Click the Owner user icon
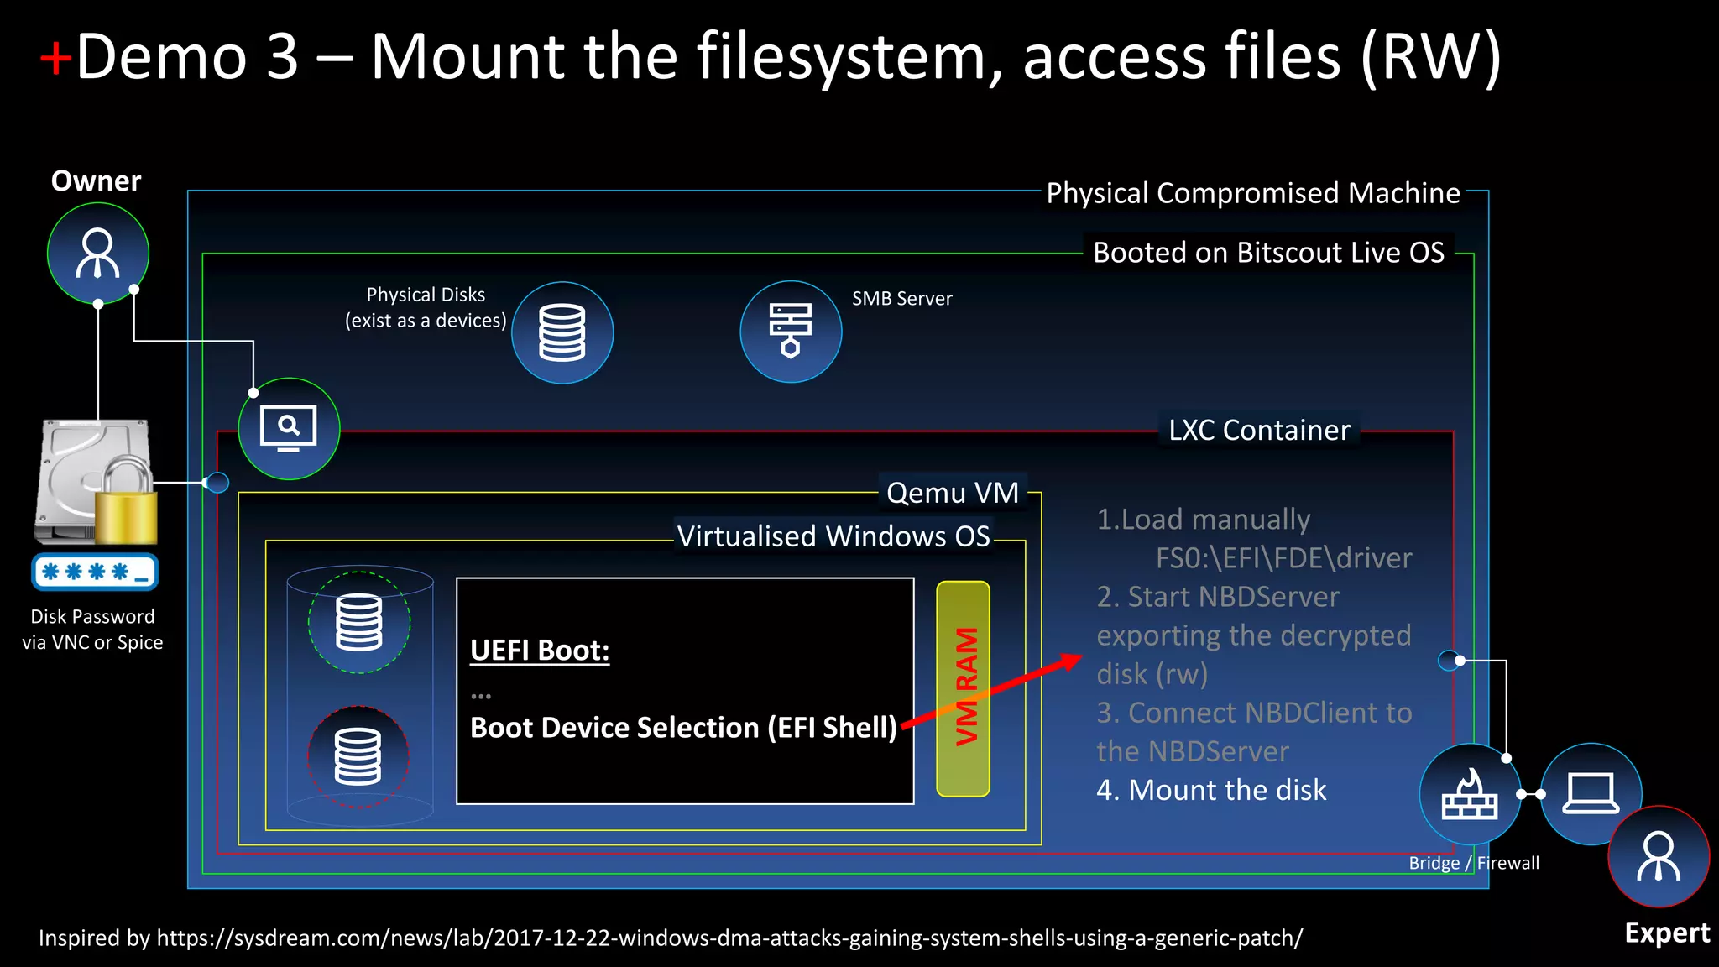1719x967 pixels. [98, 253]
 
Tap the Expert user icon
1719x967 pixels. [1659, 856]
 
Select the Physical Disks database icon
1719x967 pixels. [562, 333]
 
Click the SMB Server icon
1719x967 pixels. [791, 332]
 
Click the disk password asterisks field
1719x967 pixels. [95, 572]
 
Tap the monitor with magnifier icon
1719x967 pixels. [289, 429]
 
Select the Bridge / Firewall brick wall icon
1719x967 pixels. [1470, 794]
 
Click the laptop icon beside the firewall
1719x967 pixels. [1591, 794]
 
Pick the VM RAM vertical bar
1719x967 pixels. [964, 688]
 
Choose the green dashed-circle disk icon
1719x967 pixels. [359, 622]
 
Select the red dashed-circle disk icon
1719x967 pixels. [358, 756]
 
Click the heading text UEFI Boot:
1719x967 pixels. [540, 651]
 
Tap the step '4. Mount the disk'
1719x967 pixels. [1211, 790]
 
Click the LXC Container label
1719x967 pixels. [1259, 431]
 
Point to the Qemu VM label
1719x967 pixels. [953, 493]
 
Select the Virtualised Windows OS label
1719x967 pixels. [833, 536]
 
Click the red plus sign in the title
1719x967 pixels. [55, 59]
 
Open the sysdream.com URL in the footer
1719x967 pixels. [729, 938]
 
